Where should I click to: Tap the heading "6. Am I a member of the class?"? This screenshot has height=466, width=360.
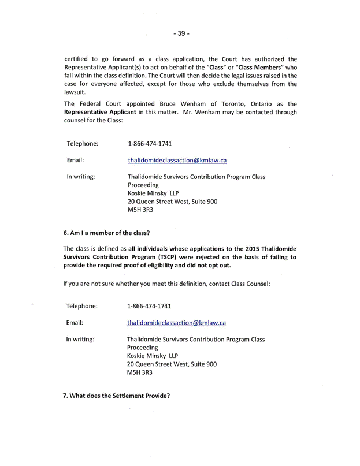tap(106, 233)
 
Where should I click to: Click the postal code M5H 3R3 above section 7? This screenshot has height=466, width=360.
tap(140, 373)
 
